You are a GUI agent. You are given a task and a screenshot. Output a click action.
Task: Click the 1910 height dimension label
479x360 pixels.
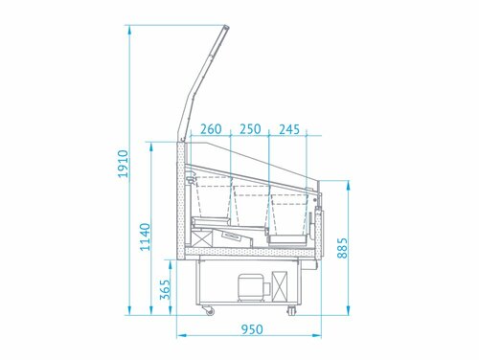[123, 164]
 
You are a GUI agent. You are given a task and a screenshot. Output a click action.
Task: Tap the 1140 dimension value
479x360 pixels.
[146, 236]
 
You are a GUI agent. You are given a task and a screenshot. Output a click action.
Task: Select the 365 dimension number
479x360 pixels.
[165, 289]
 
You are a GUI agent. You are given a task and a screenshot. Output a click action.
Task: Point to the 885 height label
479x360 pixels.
[342, 248]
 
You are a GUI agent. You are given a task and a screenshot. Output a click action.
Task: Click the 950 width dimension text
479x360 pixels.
[252, 329]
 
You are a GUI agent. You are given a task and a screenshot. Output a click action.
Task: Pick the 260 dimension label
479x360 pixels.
[211, 129]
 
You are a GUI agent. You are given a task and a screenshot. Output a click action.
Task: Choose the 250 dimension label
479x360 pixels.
[250, 129]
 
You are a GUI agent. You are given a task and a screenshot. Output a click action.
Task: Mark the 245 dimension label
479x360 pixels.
[289, 129]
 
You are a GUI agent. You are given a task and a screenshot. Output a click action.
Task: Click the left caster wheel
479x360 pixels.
[209, 310]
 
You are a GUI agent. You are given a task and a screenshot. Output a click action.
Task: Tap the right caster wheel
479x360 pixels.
[291, 310]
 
